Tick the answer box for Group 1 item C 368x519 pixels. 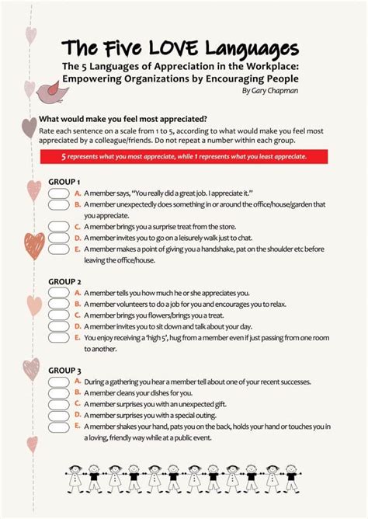coord(59,226)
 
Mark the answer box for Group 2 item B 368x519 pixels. coord(59,305)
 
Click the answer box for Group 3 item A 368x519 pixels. coord(59,382)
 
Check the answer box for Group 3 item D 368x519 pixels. coord(59,416)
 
